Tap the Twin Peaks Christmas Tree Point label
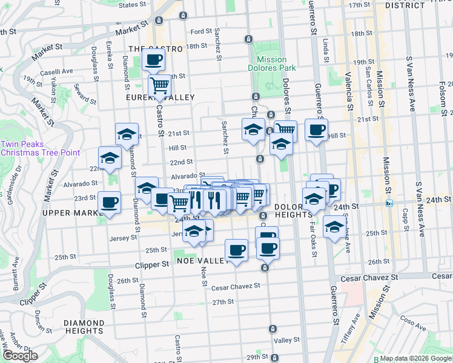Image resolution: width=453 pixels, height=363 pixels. (x=40, y=148)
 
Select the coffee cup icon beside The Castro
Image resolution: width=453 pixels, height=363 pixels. (x=153, y=60)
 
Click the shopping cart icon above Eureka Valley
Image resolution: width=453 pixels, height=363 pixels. (x=159, y=85)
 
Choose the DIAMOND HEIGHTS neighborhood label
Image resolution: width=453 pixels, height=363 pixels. (x=83, y=327)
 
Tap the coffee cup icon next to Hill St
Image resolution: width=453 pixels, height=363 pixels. (x=316, y=129)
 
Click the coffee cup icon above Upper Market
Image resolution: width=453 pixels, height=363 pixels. (x=110, y=202)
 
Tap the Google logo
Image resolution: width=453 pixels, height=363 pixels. (x=20, y=356)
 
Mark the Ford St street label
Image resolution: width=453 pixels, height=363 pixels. (x=201, y=31)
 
